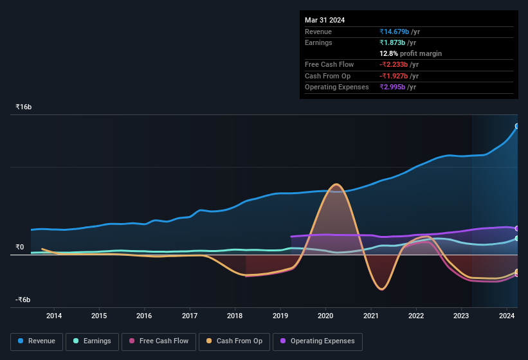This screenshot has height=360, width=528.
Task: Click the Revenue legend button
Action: [x=37, y=341]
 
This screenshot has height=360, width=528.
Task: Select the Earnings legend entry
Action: [x=93, y=341]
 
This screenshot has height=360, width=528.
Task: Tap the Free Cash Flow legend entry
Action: [x=159, y=341]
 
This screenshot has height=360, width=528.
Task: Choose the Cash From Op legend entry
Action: [x=235, y=341]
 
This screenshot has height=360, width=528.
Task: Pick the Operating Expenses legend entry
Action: [x=318, y=341]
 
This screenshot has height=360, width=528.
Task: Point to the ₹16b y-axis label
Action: [x=24, y=107]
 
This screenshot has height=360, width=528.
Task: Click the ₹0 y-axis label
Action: [x=19, y=248]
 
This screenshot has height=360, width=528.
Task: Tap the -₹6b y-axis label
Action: [x=24, y=300]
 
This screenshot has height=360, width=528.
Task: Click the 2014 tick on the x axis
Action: [x=54, y=316]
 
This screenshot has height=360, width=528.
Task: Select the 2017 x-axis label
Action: [x=190, y=316]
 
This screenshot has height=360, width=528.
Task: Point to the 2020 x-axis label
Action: [x=325, y=316]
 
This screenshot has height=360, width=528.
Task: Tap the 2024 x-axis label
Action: [x=507, y=316]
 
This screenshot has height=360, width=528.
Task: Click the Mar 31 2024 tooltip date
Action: [x=325, y=20]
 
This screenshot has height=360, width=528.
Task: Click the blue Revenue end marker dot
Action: [x=517, y=126]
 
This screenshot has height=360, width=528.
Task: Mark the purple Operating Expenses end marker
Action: [x=517, y=228]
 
